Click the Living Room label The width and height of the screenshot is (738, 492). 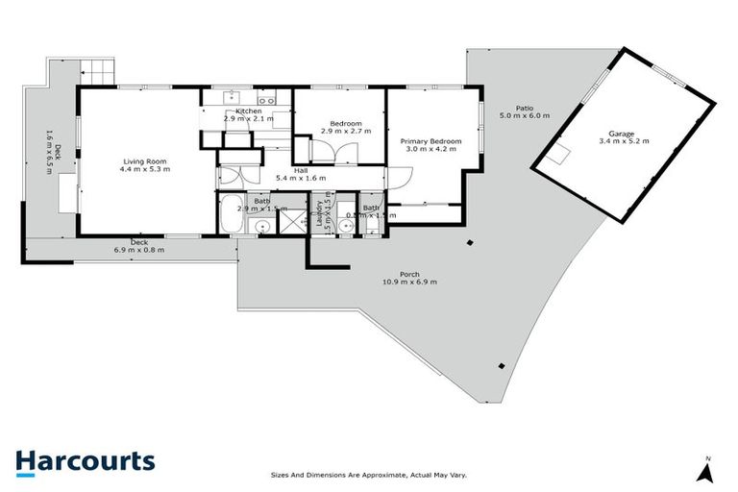145,160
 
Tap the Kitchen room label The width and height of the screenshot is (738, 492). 249,111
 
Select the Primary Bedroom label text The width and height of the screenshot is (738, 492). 431,141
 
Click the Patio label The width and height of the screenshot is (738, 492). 524,108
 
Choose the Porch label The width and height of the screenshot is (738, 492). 410,274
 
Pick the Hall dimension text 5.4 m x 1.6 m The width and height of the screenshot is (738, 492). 301,179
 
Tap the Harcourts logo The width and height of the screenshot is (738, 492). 85,461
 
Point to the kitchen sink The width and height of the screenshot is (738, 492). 232,96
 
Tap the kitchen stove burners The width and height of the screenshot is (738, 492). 266,97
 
